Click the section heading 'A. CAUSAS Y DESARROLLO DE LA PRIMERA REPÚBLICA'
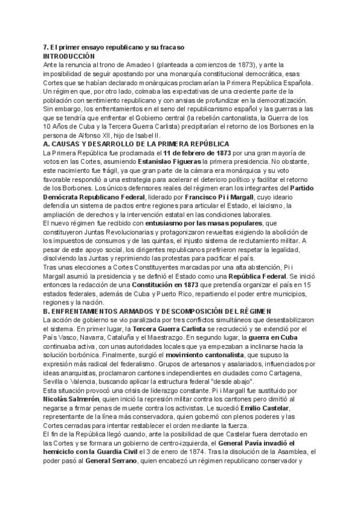click(136, 145)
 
